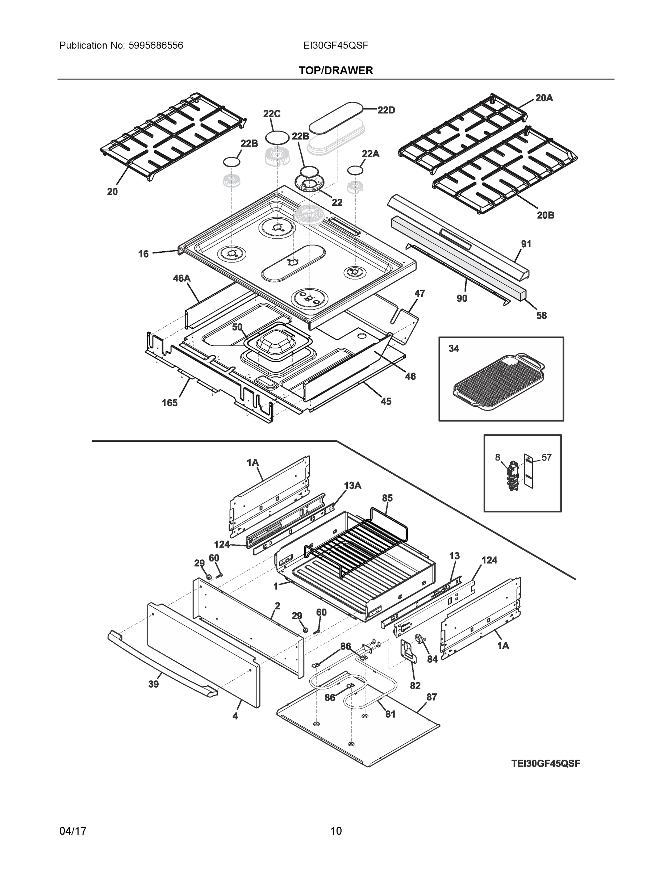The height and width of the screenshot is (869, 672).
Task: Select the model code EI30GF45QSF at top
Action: point(335,45)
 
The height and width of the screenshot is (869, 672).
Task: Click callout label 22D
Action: point(386,110)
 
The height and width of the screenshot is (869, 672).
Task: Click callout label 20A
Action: point(544,97)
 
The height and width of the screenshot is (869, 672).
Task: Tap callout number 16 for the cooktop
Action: point(143,253)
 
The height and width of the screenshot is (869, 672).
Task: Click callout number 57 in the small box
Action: point(546,457)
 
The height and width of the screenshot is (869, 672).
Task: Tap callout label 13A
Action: point(352,486)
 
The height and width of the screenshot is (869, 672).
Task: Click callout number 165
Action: point(169,403)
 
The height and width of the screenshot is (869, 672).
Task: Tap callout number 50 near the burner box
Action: point(237,327)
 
